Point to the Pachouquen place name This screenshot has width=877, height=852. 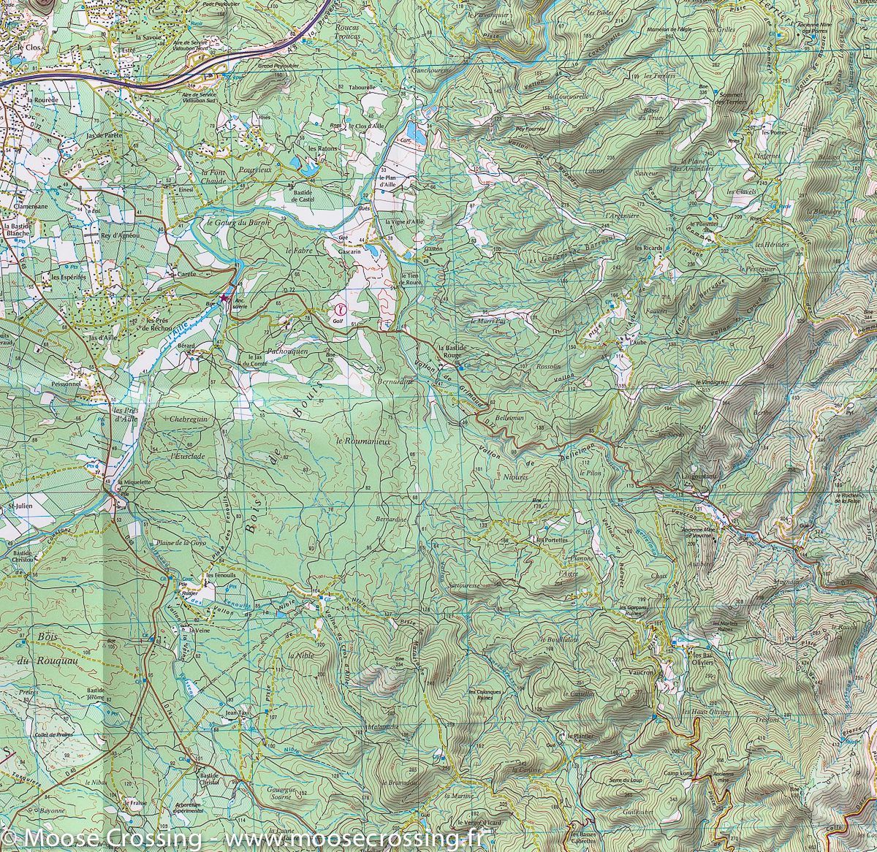point(290,351)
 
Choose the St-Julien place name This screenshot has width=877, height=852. point(17,505)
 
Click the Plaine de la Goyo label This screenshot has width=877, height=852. point(188,542)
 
